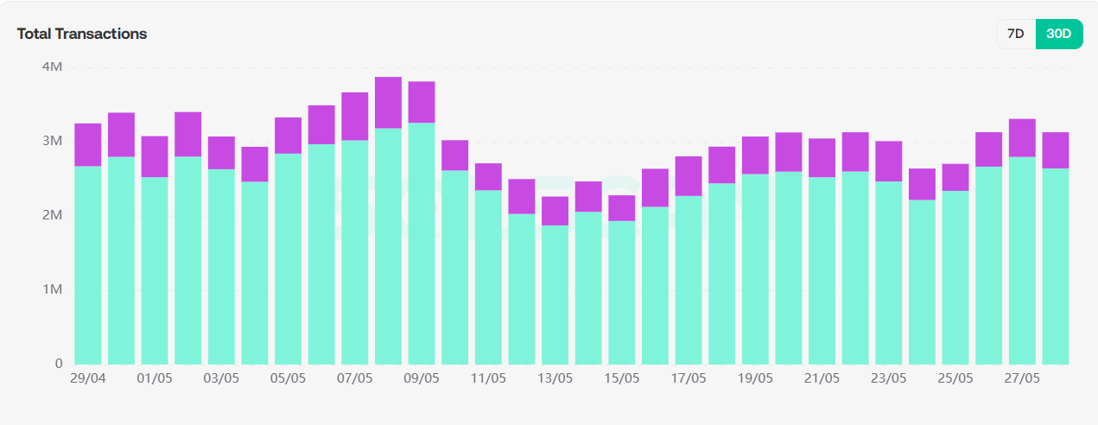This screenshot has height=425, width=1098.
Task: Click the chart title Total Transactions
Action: [82, 34]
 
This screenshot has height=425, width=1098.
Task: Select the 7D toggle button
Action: [1016, 34]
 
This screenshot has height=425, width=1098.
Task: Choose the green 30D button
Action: [1058, 34]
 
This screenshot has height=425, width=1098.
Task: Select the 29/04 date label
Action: [87, 378]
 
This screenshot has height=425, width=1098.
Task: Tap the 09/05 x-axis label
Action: [421, 378]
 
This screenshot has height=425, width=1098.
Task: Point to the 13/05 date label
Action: [555, 378]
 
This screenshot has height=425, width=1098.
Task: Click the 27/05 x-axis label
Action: [1021, 378]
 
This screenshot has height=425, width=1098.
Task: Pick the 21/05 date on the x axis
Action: [822, 378]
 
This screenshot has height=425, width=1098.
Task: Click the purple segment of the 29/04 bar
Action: [88, 145]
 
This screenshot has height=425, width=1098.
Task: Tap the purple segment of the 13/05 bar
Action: [555, 211]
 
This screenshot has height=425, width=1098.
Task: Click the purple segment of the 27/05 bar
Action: [1021, 137]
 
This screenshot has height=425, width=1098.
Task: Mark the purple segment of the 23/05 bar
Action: [888, 161]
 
